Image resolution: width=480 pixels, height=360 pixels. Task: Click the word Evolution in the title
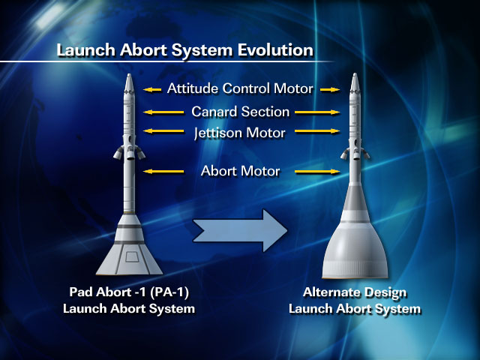pyautogui.click(x=276, y=50)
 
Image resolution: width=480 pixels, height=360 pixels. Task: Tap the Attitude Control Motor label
pyautogui.click(x=240, y=88)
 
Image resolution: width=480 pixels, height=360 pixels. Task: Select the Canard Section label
pyautogui.click(x=241, y=112)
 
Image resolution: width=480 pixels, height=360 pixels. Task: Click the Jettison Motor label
pyautogui.click(x=240, y=133)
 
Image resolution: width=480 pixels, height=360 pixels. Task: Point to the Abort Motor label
pyautogui.click(x=241, y=171)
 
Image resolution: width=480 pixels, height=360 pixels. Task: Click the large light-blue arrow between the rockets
pyautogui.click(x=240, y=230)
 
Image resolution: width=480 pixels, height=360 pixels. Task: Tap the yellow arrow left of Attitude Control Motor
pyautogui.click(x=152, y=90)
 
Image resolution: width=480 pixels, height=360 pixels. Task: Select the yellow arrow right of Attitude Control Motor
pyautogui.click(x=330, y=90)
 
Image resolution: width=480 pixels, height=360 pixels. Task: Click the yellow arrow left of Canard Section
pyautogui.click(x=163, y=112)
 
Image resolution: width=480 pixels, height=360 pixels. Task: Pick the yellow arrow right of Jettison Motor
pyautogui.click(x=317, y=131)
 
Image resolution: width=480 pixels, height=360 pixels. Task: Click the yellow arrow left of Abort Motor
pyautogui.click(x=163, y=172)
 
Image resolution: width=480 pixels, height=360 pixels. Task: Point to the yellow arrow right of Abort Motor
pyautogui.click(x=317, y=172)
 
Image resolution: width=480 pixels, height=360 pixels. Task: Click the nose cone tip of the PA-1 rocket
pyautogui.click(x=129, y=74)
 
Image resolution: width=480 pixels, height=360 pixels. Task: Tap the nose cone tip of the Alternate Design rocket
pyautogui.click(x=355, y=73)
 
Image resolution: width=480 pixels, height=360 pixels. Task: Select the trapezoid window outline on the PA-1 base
pyautogui.click(x=132, y=256)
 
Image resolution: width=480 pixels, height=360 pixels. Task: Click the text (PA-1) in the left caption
pyautogui.click(x=169, y=292)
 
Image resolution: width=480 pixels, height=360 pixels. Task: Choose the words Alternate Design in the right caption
pyautogui.click(x=355, y=292)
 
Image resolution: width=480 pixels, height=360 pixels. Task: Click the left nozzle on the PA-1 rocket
pyautogui.click(x=118, y=153)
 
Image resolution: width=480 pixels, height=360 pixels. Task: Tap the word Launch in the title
pyautogui.click(x=85, y=50)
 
